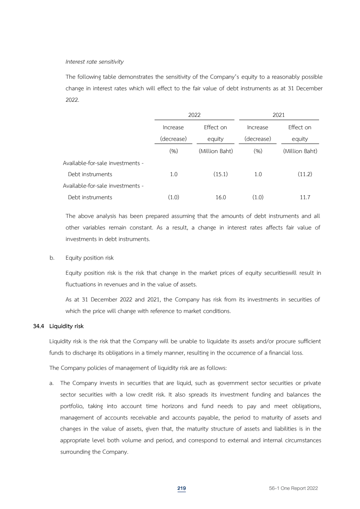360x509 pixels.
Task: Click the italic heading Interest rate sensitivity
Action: click(x=95, y=62)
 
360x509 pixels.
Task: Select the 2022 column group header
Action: click(x=194, y=115)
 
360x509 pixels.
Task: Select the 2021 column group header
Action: click(x=279, y=115)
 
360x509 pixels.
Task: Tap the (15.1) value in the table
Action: click(x=220, y=174)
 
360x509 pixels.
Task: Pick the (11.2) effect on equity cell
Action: click(x=305, y=174)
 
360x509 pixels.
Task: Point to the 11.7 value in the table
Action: click(x=305, y=197)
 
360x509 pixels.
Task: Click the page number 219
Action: click(x=182, y=488)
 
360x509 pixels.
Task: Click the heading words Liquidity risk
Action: click(x=66, y=326)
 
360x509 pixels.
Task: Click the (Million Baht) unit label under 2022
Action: click(x=215, y=151)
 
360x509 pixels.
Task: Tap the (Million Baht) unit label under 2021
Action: click(x=300, y=151)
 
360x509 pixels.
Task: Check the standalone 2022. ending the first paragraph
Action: click(x=72, y=100)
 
